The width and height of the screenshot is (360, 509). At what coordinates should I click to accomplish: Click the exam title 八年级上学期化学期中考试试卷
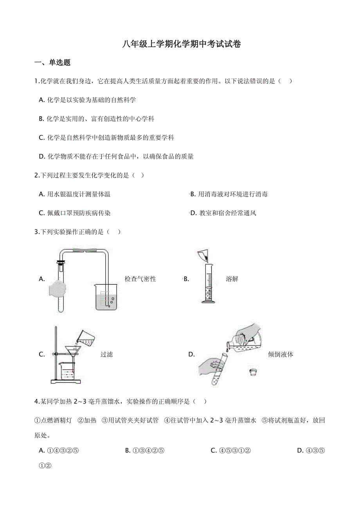tap(181, 44)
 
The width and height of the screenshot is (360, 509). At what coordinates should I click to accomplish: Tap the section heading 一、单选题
tap(52, 63)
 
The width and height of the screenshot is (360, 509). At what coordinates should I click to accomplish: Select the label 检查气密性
tap(140, 279)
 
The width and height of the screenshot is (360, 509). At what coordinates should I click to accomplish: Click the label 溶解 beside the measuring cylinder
tap(232, 279)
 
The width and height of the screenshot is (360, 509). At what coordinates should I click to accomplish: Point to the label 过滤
tap(106, 355)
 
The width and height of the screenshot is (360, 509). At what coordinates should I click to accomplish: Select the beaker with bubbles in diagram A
tap(106, 298)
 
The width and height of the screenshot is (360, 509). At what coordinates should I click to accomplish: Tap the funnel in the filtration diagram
tap(72, 350)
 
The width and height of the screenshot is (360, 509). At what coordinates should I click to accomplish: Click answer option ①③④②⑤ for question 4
tap(144, 450)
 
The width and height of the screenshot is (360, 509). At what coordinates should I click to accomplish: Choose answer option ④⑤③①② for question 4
tap(230, 450)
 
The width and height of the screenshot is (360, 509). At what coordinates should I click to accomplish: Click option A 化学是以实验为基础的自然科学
tap(88, 100)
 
